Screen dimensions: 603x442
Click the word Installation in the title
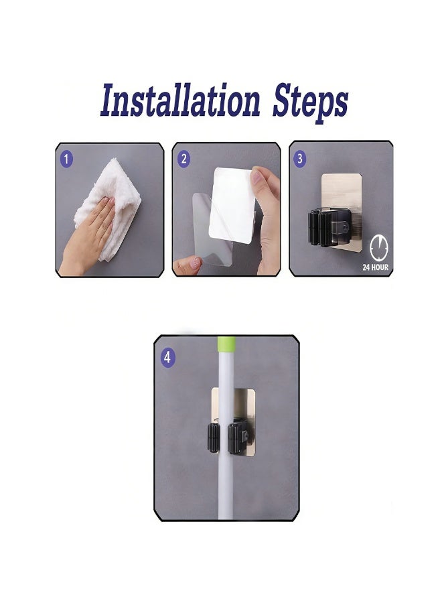click(x=179, y=103)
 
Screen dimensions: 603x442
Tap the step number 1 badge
click(x=66, y=159)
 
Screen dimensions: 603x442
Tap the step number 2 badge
click(x=184, y=159)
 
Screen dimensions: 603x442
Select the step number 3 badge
click(x=300, y=159)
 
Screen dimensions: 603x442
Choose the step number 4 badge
click(x=167, y=357)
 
